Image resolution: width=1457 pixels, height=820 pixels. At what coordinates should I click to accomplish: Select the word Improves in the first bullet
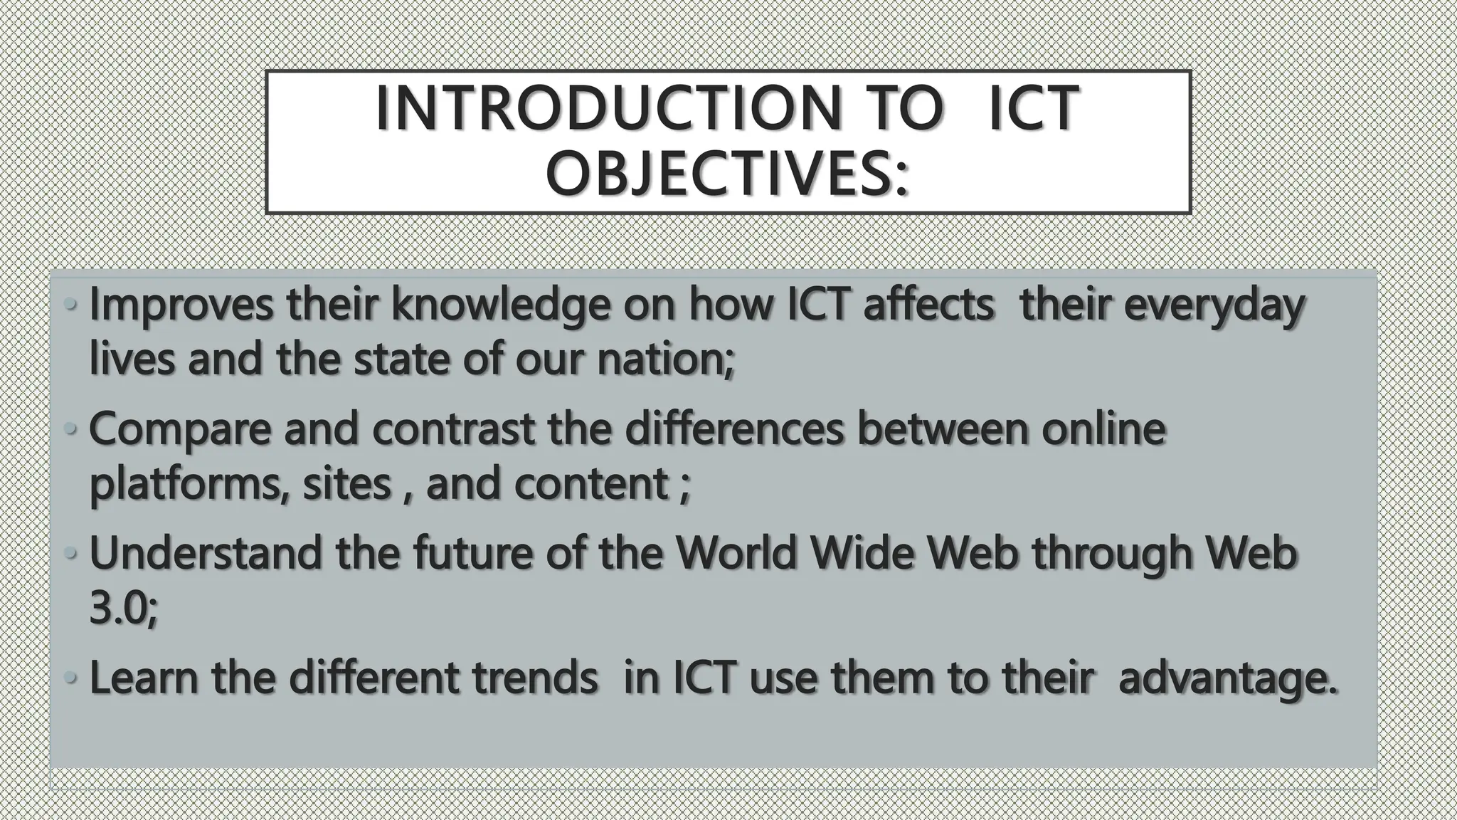pos(181,306)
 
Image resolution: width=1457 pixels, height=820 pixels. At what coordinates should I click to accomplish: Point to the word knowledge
pos(500,306)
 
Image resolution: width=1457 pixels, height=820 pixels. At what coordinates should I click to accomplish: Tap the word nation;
pos(665,359)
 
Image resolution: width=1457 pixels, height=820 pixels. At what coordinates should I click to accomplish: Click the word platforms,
pos(189,485)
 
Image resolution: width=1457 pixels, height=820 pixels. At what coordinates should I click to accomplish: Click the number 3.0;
pos(123,609)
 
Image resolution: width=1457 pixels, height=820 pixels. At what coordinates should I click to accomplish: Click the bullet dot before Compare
pos(70,429)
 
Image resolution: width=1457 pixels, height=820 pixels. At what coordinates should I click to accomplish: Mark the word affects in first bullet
pos(928,306)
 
